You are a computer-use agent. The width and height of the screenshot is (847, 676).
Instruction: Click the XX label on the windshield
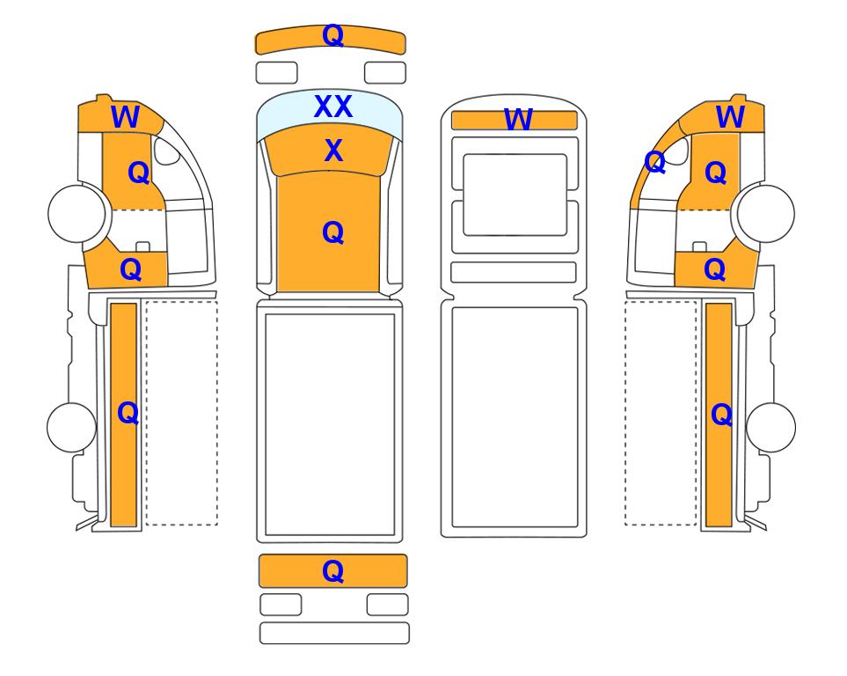(x=333, y=107)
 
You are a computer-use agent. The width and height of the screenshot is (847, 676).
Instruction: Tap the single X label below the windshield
(x=333, y=151)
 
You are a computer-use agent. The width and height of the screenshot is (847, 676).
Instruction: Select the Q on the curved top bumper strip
(x=332, y=36)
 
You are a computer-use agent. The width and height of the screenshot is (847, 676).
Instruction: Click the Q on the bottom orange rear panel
(x=332, y=571)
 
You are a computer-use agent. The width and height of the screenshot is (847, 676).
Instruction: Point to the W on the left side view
(x=125, y=117)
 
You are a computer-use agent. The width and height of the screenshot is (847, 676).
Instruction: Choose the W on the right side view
(x=730, y=117)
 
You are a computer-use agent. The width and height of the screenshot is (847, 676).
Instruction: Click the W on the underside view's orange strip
(x=518, y=120)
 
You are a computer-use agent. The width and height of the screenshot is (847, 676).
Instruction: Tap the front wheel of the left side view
(x=77, y=213)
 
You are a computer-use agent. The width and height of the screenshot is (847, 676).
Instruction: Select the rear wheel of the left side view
(x=72, y=427)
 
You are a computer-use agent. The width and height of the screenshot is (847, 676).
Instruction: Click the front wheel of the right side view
(x=765, y=213)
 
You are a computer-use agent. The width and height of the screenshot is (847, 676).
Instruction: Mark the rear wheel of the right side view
(x=770, y=427)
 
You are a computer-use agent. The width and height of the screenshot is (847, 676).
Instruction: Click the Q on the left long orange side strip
(x=128, y=414)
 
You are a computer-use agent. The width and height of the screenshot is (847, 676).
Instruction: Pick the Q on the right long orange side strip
(x=722, y=415)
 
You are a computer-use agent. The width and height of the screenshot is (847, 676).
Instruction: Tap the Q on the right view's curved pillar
(x=655, y=162)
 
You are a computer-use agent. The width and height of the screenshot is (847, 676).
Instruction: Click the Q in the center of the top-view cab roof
(x=332, y=233)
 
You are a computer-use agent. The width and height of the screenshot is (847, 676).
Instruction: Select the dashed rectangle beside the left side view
(x=181, y=413)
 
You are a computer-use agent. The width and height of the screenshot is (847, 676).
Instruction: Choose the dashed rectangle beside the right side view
(x=661, y=413)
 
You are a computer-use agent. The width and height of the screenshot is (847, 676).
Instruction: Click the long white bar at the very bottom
(x=334, y=633)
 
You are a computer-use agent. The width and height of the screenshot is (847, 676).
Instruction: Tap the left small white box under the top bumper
(x=276, y=73)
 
